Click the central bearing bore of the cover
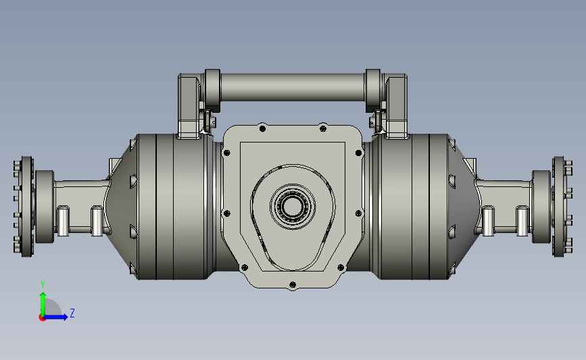point(293,206)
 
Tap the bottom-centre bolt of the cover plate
point(293,285)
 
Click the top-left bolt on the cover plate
point(262,129)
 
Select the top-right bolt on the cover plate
point(323,129)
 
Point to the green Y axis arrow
point(43,304)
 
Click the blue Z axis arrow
point(55,317)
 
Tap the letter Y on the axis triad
point(43,284)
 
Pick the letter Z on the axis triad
point(72,313)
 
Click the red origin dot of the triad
point(42,317)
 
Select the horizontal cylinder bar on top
point(293,87)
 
